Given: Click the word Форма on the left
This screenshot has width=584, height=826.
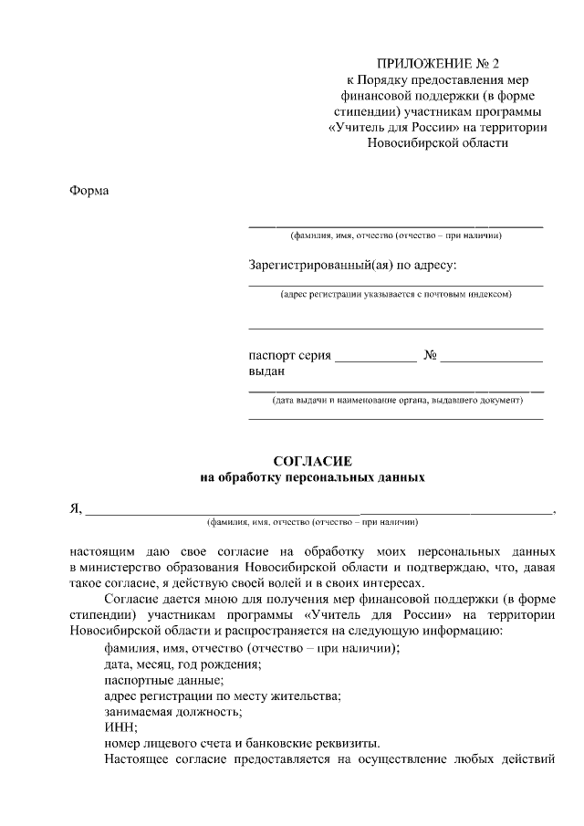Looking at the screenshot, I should (x=89, y=191).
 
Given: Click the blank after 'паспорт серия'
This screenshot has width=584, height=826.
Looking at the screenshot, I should (x=375, y=357).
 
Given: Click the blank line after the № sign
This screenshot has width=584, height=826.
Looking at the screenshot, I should (x=493, y=357).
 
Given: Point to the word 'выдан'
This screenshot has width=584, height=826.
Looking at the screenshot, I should (x=266, y=371).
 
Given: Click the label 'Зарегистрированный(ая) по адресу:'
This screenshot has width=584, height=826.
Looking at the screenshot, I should (x=352, y=266).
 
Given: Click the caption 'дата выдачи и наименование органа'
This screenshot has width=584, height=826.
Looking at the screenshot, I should (x=396, y=400).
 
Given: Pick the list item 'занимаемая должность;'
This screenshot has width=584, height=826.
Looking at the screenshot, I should (x=172, y=711).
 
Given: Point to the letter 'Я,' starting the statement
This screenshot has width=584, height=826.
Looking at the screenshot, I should (x=76, y=509).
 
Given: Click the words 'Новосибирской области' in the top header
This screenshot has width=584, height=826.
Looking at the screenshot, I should (x=437, y=142).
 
